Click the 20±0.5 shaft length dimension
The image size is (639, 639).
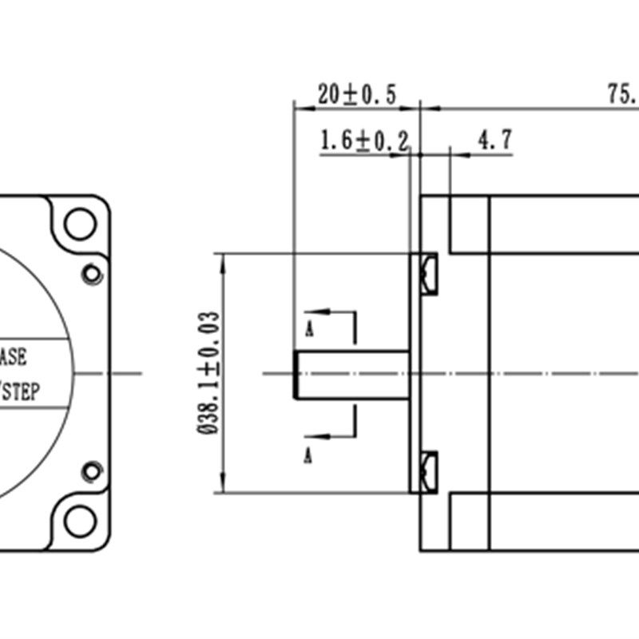[356, 94]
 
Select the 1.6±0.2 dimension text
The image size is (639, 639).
[363, 141]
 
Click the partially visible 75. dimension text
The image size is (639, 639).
[621, 94]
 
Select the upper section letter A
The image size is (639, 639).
[308, 327]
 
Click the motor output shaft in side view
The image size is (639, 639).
[351, 374]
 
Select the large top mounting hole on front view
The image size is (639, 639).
[80, 224]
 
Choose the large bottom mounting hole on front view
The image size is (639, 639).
[80, 522]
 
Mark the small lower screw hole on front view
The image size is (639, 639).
[93, 471]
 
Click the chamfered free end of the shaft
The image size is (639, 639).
[296, 374]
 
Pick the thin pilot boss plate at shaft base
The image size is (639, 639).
[415, 374]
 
